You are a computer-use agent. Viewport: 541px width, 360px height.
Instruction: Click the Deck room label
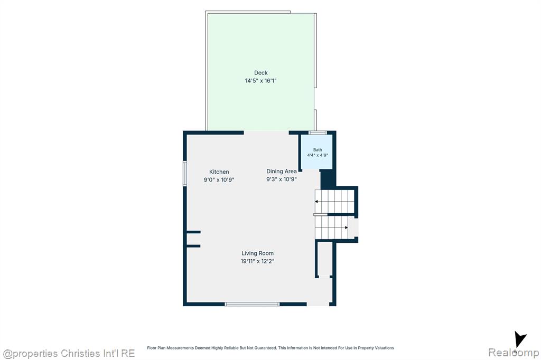click(261, 73)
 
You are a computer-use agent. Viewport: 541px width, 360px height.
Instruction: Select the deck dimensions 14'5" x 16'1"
click(261, 81)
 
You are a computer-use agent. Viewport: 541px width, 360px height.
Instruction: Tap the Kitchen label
click(219, 172)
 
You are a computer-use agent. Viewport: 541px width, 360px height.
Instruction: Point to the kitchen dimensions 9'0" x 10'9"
click(219, 179)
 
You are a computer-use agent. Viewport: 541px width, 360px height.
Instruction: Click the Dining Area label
click(282, 172)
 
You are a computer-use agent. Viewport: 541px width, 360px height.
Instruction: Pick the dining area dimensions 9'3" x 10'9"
click(282, 179)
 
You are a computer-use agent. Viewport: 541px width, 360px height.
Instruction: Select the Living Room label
click(257, 253)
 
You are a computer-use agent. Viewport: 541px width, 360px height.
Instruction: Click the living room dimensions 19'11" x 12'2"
click(257, 261)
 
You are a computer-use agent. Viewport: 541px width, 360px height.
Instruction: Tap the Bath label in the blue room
click(318, 150)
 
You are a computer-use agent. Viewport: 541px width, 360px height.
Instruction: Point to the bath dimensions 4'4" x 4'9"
click(318, 155)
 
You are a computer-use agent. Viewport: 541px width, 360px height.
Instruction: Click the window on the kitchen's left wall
click(185, 174)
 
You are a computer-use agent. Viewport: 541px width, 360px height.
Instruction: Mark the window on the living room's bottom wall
click(252, 304)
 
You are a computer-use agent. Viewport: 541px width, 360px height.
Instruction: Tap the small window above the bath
click(318, 132)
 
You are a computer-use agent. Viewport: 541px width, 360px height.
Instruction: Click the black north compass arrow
click(519, 339)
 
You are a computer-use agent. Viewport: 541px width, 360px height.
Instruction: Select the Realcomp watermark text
click(514, 353)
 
